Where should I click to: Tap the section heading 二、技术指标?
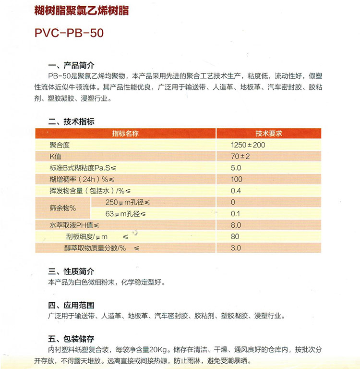tap(72, 122)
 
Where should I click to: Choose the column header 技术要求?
tap(268, 134)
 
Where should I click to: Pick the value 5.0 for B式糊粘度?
tap(236, 168)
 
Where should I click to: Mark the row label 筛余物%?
tap(63, 208)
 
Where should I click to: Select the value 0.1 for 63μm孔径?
tap(236, 214)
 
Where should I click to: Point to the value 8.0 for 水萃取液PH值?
tap(236, 225)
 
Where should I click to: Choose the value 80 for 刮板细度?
tap(235, 237)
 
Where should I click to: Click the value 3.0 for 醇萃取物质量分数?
tap(236, 248)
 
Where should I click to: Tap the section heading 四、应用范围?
tap(72, 306)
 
